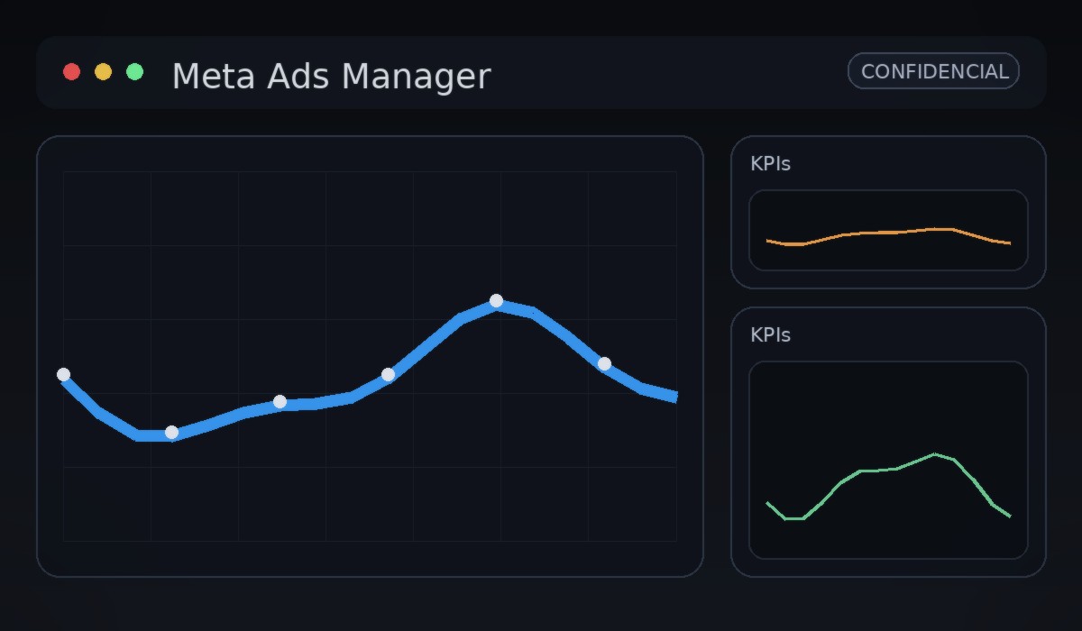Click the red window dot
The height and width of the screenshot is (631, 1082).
point(72,72)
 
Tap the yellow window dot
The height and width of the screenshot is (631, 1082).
point(104,72)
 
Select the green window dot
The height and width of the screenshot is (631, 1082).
point(135,72)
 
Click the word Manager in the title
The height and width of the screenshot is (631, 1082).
point(416,77)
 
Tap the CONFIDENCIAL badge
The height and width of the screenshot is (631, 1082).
point(933,71)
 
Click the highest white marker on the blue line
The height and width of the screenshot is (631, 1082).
point(496,300)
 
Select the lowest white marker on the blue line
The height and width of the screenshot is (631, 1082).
point(171,432)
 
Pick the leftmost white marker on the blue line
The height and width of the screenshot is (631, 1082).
point(63,374)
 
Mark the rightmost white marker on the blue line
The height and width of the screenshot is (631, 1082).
point(604,363)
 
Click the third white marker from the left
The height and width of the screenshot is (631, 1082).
point(280,401)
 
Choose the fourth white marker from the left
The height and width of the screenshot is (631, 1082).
point(388,374)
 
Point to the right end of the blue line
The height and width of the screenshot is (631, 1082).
point(676,397)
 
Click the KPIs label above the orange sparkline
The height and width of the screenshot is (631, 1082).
point(770,164)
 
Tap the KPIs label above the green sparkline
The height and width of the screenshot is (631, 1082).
point(770,335)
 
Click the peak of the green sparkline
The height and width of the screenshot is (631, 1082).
point(935,453)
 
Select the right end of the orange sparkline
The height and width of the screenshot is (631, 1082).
point(1010,243)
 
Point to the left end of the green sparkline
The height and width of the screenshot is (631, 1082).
point(767,503)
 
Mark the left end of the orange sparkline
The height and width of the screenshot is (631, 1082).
point(767,241)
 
